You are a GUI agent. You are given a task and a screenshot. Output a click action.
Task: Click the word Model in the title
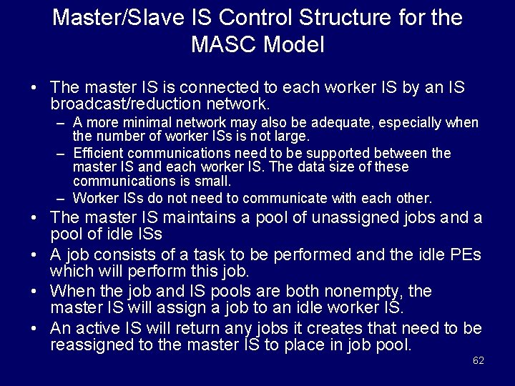[295, 45]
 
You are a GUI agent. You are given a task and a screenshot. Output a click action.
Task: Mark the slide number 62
[479, 360]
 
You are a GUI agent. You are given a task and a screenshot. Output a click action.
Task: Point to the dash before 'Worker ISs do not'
[62, 198]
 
